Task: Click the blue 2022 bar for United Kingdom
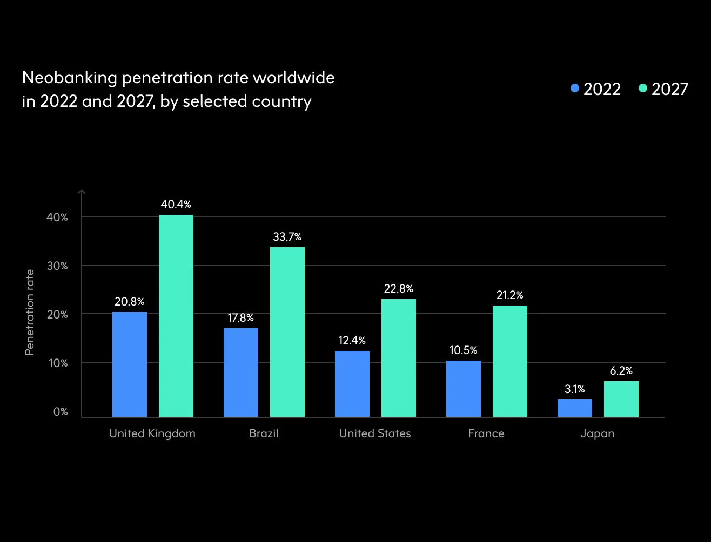point(130,364)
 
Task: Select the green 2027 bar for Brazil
point(287,332)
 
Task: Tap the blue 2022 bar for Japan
point(575,408)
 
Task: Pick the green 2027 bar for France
point(510,361)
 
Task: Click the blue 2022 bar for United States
point(352,384)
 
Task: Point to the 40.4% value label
point(176,205)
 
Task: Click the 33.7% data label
point(287,237)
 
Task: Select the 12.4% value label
point(352,341)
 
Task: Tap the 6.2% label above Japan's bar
point(621,371)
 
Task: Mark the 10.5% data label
point(464,350)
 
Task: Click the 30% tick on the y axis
point(57,266)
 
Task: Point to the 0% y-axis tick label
point(61,412)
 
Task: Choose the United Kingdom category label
point(152,433)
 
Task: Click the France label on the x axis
point(486,433)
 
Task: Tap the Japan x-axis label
point(598,433)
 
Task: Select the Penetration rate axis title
point(30,313)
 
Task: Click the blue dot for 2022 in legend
point(575,89)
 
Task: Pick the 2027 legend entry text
point(670,89)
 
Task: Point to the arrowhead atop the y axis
point(82,192)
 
